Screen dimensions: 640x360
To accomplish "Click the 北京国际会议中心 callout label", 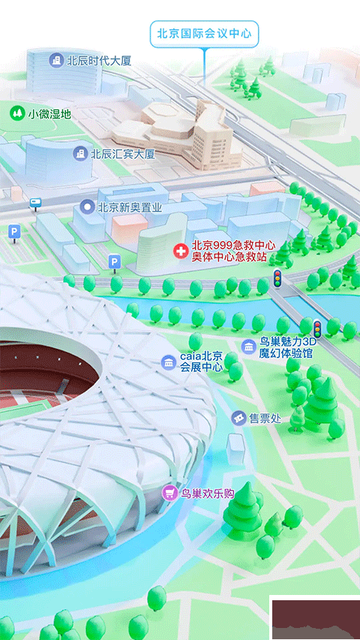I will click(203, 34).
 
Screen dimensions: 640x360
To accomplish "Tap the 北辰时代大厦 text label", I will click(99, 60).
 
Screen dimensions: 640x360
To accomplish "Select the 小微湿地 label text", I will click(49, 114).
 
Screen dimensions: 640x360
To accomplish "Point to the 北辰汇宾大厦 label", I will click(122, 154).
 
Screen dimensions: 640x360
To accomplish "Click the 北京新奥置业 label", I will click(130, 206).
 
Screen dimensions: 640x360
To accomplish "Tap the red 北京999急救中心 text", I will click(233, 245).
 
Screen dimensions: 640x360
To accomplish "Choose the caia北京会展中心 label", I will click(201, 362).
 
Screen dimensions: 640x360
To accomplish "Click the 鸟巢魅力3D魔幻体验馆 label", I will click(287, 347).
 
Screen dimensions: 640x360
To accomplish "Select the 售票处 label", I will click(265, 418).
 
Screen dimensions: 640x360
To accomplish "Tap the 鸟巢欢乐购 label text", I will click(208, 493).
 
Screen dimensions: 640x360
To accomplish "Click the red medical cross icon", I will click(180, 251).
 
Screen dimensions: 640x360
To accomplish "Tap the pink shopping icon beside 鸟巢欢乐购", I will click(170, 493).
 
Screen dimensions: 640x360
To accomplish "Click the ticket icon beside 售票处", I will click(238, 418).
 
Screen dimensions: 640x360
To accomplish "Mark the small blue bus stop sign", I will click(35, 203).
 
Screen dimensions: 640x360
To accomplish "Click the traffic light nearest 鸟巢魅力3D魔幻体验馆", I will click(317, 328).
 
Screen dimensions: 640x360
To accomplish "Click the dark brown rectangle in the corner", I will click(314, 618).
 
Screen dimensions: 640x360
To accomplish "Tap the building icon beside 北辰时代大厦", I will click(55, 60).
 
